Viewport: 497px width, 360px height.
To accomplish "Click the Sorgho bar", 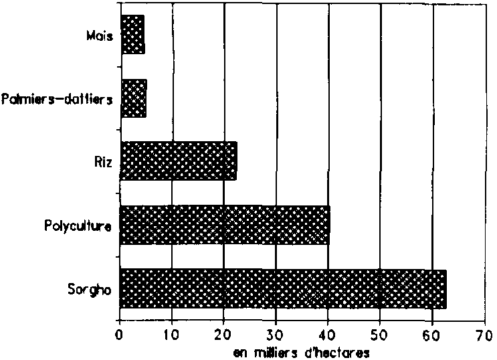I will pyautogui.click(x=282, y=288).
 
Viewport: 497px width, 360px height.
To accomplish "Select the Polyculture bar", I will pyautogui.click(x=224, y=225).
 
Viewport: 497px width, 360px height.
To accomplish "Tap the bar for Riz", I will pyautogui.click(x=178, y=161).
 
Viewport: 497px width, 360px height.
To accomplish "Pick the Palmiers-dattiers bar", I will pyautogui.click(x=132, y=98).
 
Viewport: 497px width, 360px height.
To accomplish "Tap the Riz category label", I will pyautogui.click(x=102, y=161).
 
